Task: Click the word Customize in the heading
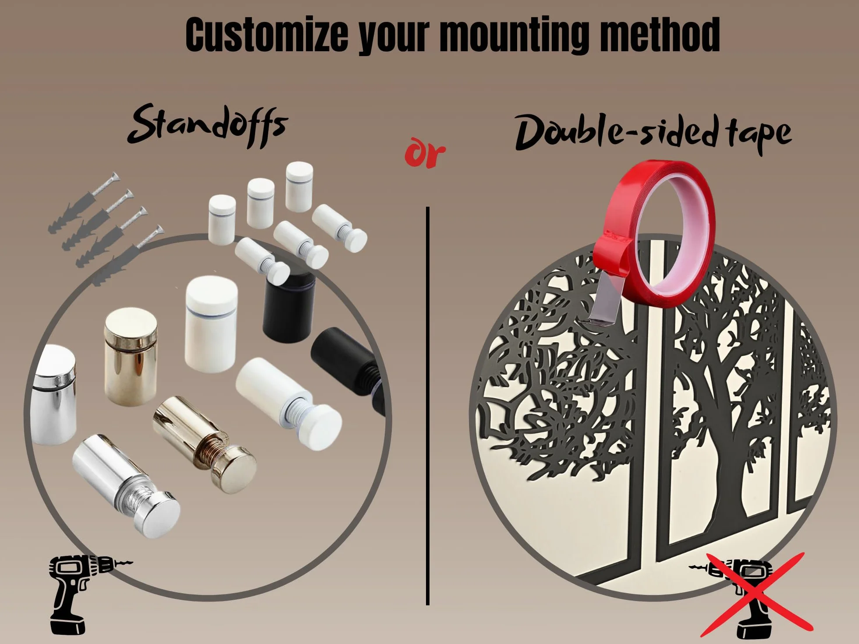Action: point(267,35)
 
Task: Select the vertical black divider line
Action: point(427,406)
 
